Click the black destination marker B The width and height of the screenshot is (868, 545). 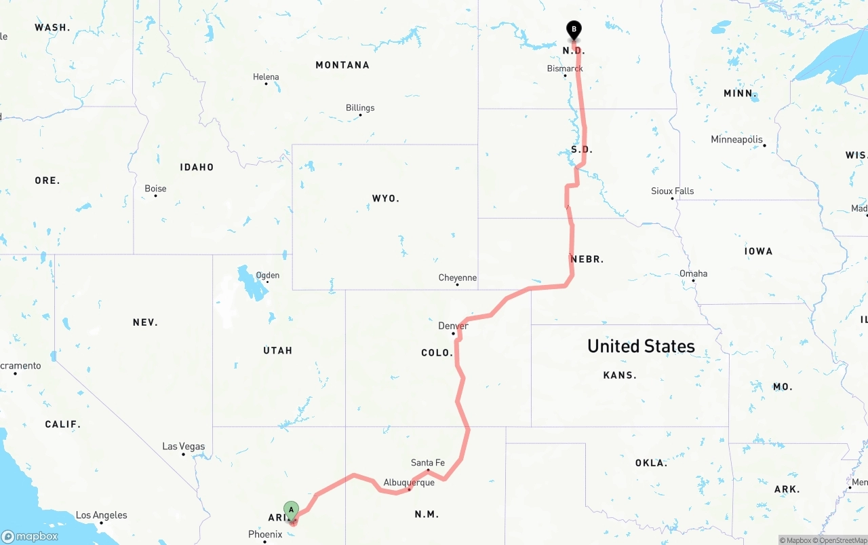coord(574,30)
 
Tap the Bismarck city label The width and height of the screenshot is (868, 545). coord(565,69)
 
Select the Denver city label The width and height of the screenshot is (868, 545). coord(453,326)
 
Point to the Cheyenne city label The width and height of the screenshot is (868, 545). coord(458,278)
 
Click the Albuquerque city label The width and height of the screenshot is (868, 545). coord(409,483)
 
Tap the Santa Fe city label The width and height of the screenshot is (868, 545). coord(428,463)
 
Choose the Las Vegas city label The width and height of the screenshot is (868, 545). coord(183,447)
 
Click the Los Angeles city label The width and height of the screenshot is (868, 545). coord(102,515)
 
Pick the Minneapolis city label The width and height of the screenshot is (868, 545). coord(737,140)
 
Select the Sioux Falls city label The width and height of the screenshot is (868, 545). coord(672,191)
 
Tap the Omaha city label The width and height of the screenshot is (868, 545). coord(693,274)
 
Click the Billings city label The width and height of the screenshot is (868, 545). coord(360,108)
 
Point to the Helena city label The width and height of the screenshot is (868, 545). coord(266,77)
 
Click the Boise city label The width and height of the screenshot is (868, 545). coord(155,189)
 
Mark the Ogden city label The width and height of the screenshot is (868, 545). coord(267,276)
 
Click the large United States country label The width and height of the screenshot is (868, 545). coord(641,346)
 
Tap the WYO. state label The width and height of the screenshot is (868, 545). coord(386,199)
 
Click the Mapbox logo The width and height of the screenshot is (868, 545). coord(30,536)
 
